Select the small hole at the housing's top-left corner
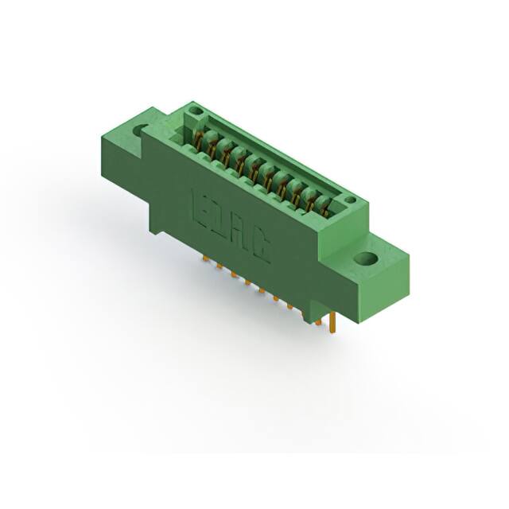(196, 111)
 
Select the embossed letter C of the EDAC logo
(262, 250)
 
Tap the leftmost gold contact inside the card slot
(201, 142)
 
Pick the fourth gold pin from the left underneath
(248, 282)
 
